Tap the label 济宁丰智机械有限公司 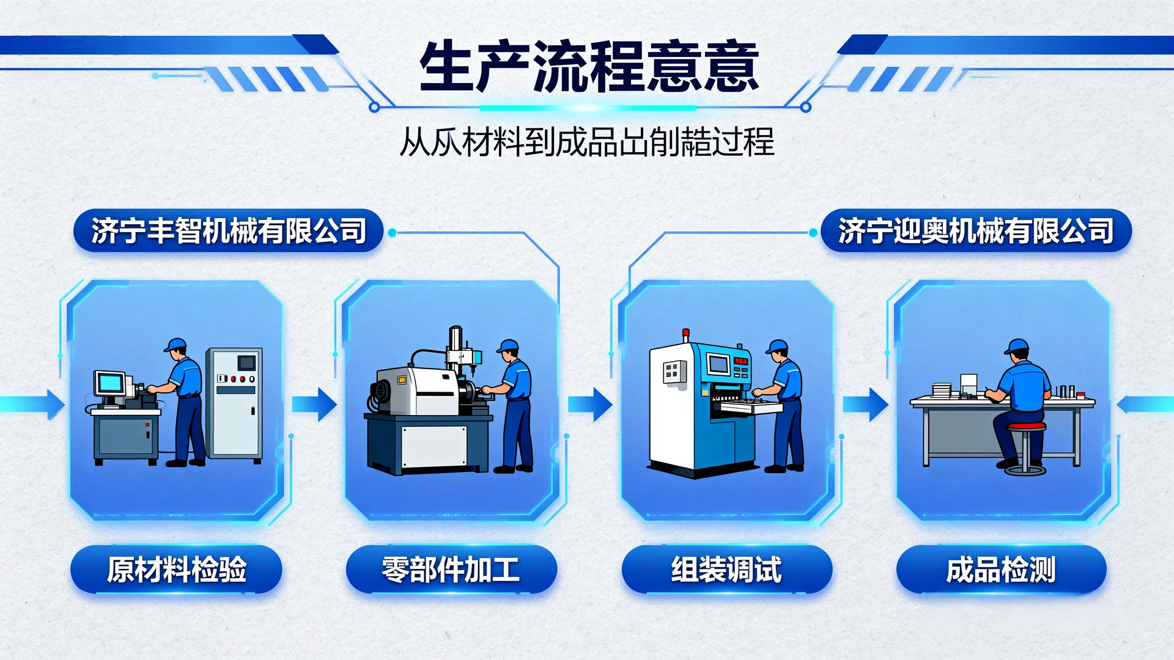228,231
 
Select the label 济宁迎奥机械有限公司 976,231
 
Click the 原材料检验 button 176,570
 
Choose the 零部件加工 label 451,570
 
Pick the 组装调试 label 726,570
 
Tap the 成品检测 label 1001,570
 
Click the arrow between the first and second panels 314,404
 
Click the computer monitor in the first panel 110,384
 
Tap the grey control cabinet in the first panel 234,403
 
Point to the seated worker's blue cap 1016,346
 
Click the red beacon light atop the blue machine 686,334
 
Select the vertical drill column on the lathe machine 456,345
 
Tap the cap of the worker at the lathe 508,346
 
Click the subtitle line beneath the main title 587,142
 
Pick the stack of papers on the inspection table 942,389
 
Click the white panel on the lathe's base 434,446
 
